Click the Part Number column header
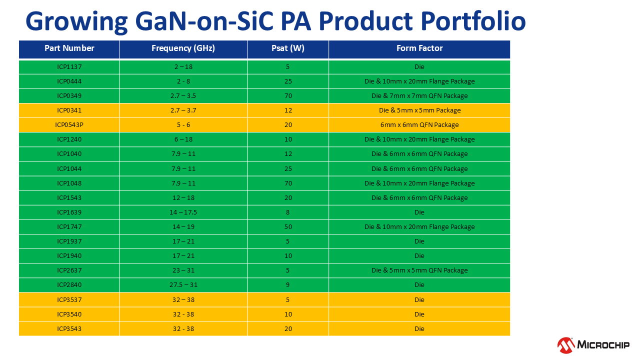coord(69,48)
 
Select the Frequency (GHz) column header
coord(183,48)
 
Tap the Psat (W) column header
coord(288,48)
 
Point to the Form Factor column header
coord(419,48)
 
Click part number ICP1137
coord(69,67)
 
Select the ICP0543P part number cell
coord(69,125)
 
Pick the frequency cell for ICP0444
coord(183,81)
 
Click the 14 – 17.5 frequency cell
coord(183,212)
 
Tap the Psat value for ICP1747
coord(288,227)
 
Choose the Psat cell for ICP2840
coord(288,285)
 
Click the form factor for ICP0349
coord(419,96)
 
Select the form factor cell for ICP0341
coord(419,110)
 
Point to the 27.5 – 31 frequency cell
coord(183,285)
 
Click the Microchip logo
coord(593,344)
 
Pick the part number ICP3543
coord(69,329)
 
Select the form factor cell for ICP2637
coord(419,270)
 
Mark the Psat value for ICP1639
coord(288,212)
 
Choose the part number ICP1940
coord(69,256)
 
